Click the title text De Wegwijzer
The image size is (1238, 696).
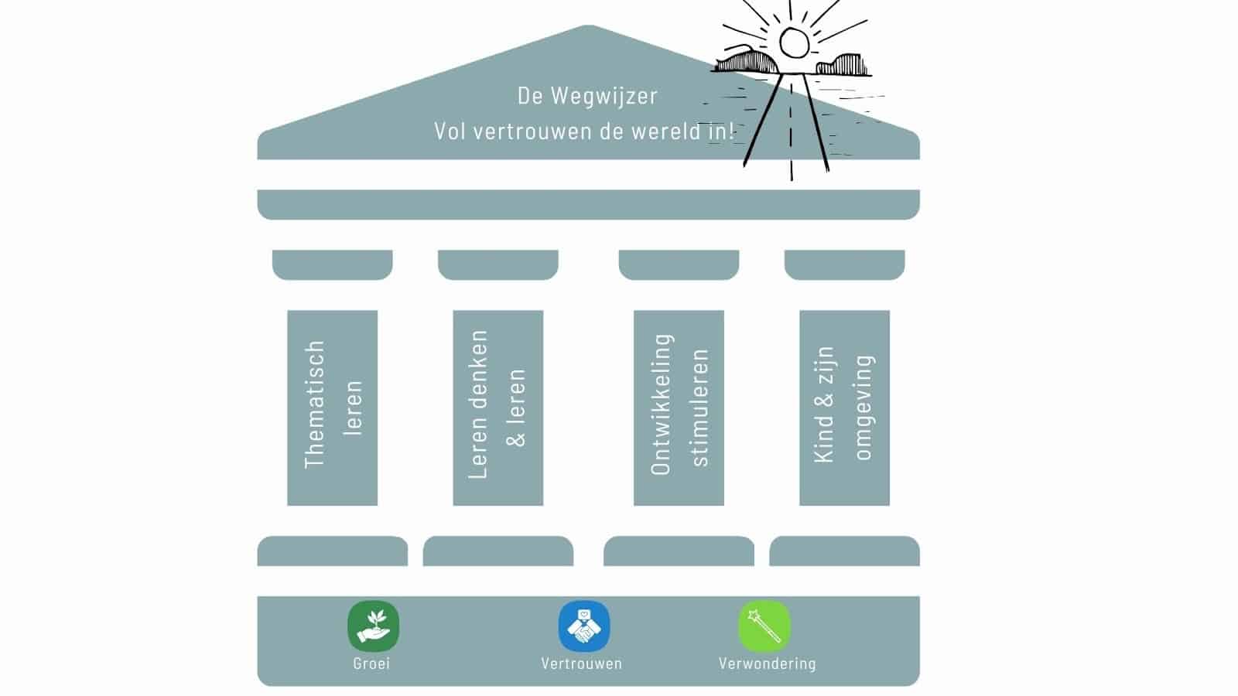click(x=587, y=96)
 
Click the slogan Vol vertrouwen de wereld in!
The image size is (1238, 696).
click(x=584, y=131)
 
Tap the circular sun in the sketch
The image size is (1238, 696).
click(x=793, y=43)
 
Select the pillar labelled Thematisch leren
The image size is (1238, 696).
click(x=332, y=408)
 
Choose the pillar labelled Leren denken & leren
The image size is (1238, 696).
click(x=498, y=408)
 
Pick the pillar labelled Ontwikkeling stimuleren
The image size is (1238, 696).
click(x=679, y=408)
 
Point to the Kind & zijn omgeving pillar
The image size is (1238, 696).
click(x=844, y=408)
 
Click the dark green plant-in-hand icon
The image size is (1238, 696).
click(x=373, y=626)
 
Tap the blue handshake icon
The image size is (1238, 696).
click(x=584, y=626)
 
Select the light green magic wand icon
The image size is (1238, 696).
click(x=764, y=626)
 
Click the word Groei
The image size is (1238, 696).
click(x=371, y=664)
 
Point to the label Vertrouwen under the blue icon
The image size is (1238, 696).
click(x=581, y=664)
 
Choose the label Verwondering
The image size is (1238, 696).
click(x=767, y=664)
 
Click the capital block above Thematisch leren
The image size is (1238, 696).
click(x=332, y=264)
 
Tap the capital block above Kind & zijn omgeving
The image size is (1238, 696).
click(x=844, y=264)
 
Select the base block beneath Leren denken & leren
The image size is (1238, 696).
click(x=498, y=551)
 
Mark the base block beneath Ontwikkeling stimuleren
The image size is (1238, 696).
click(x=679, y=551)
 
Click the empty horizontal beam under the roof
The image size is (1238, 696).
click(x=588, y=204)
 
